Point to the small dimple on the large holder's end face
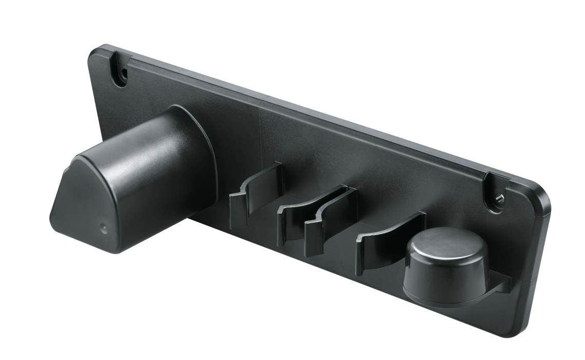(103, 227)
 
